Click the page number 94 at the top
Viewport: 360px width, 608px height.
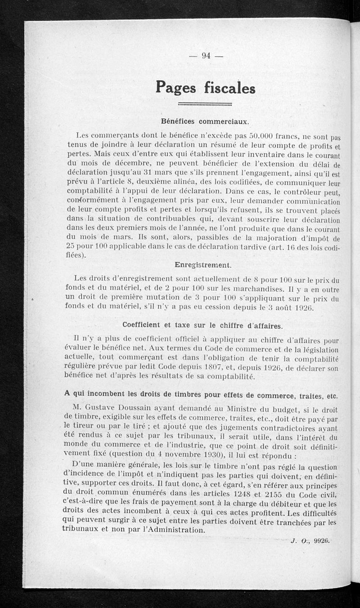point(206,56)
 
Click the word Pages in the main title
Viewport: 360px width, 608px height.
point(176,86)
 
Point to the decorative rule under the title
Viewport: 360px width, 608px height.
point(205,104)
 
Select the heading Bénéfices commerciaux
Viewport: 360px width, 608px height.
point(205,121)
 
